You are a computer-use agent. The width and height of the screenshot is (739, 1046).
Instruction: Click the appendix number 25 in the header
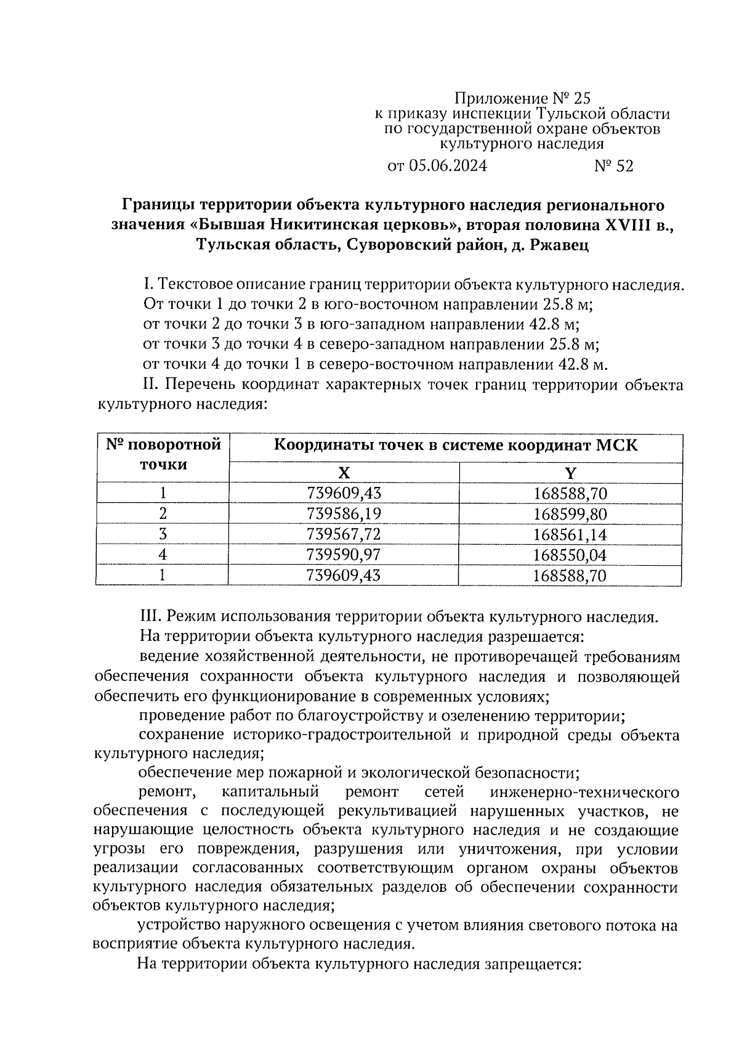pos(581,99)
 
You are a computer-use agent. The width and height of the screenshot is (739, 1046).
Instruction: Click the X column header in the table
pos(343,473)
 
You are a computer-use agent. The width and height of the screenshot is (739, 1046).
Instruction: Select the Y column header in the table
pos(570,473)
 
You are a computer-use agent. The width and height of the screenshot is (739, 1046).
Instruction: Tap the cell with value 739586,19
pos(343,514)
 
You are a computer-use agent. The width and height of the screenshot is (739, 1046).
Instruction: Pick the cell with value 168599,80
pos(570,514)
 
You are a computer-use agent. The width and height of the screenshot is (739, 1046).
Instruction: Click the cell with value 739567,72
pos(343,534)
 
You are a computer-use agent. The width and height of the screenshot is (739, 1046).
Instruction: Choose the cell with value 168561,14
pos(570,534)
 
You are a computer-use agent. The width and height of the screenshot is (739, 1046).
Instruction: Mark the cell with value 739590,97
pos(343,555)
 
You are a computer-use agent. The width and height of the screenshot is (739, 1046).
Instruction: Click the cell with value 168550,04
pos(570,555)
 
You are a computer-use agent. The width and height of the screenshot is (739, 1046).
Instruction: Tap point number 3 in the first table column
pos(163,534)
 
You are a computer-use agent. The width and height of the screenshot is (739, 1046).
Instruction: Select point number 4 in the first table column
pos(163,555)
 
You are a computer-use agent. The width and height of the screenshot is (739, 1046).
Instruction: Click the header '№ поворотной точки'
pos(163,455)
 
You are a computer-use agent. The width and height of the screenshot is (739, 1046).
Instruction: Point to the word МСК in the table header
pos(616,445)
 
